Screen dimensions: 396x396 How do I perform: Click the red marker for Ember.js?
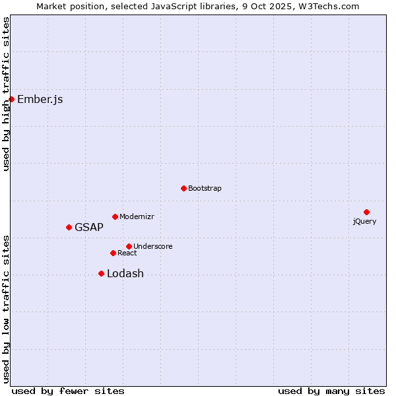[x=11, y=99]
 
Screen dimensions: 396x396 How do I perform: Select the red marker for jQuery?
[x=366, y=212]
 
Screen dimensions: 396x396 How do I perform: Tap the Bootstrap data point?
[x=183, y=188]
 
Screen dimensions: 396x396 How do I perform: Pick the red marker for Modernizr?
[x=115, y=216]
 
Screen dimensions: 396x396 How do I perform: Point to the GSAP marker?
[x=69, y=227]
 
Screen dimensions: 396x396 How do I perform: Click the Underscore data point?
[x=129, y=246]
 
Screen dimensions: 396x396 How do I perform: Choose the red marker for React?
[x=113, y=253]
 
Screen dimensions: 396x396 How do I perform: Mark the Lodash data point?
[x=101, y=273]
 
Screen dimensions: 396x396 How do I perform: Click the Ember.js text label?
[x=40, y=100]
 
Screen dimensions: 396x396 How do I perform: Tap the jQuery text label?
[x=364, y=221]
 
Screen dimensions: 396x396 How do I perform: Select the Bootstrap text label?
[x=205, y=188]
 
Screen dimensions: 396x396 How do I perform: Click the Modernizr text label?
[x=137, y=216]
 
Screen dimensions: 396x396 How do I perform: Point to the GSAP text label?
[x=89, y=228]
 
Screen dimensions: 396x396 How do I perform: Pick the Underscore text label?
[x=153, y=246]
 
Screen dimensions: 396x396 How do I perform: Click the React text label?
[x=127, y=253]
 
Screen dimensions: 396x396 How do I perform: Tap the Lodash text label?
[x=125, y=274]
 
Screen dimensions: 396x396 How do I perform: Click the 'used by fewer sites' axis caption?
[x=68, y=391]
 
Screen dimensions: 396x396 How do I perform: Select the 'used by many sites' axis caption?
[x=331, y=391]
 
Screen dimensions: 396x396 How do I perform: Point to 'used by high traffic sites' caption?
[x=6, y=94]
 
